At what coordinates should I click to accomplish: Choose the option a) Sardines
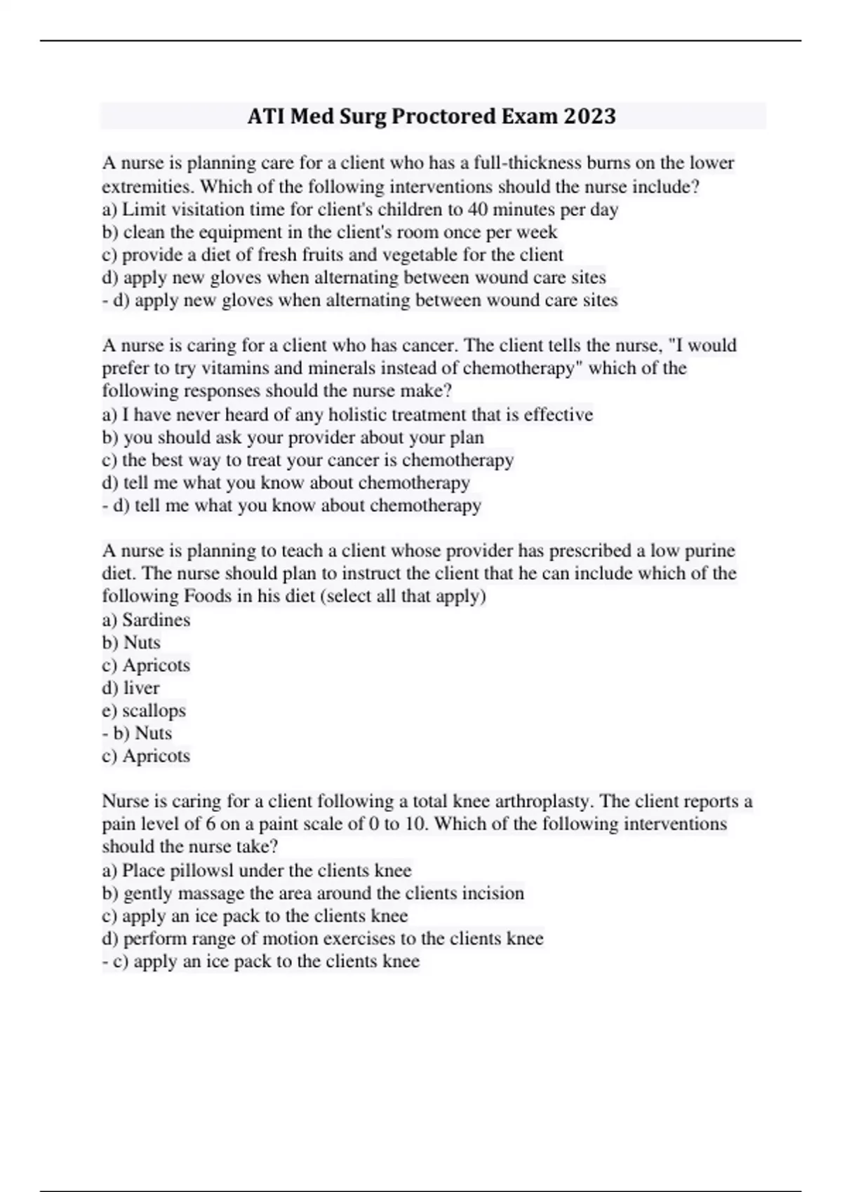[146, 620]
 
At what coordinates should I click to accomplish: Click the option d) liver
[131, 688]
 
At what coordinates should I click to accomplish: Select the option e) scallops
[144, 710]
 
